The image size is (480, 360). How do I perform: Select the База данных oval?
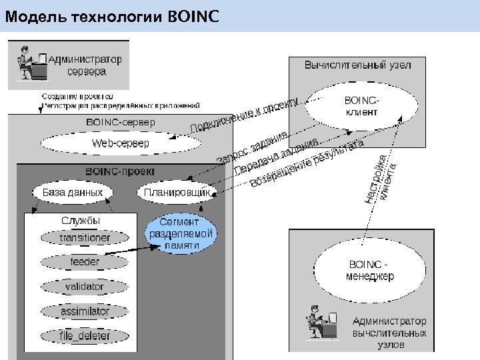[73, 192]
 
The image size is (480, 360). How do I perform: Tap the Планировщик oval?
[177, 192]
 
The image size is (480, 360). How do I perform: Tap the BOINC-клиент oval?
[361, 106]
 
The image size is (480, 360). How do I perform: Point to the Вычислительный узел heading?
[357, 65]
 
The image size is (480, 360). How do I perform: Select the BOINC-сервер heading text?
[121, 123]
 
